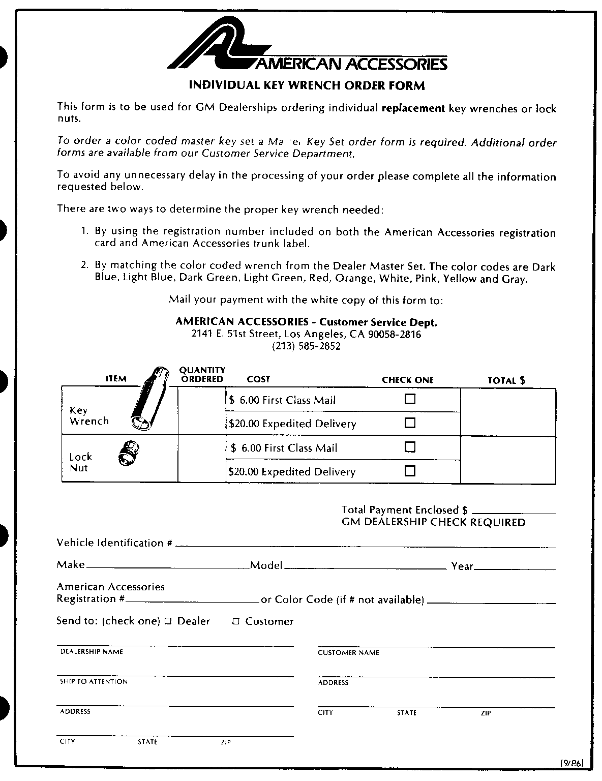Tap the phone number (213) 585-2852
(306, 346)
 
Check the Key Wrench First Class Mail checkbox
(410, 399)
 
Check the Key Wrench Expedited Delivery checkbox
(410, 423)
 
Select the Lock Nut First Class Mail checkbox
(410, 447)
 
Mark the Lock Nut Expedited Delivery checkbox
(410, 470)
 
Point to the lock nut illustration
(129, 453)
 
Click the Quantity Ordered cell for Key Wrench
(201, 411)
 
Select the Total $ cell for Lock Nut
(507, 459)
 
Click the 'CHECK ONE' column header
(408, 380)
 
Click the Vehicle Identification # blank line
(365, 545)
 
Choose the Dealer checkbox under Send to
(168, 621)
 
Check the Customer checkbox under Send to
(235, 621)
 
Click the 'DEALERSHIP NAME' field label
(92, 651)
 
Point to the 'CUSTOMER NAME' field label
(348, 652)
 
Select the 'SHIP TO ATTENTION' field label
(94, 681)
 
